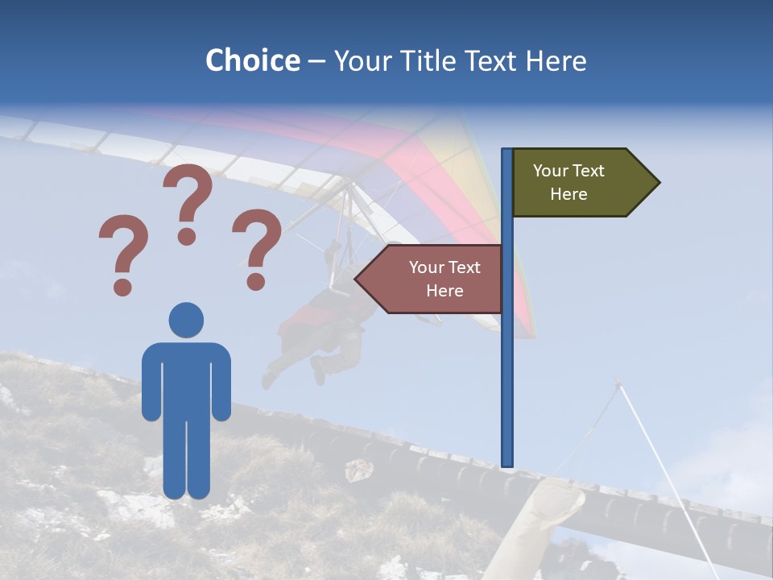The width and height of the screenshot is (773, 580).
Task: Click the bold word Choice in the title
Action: click(252, 60)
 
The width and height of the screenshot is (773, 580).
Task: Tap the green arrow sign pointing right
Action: click(580, 183)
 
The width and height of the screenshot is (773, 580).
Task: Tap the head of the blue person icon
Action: click(186, 320)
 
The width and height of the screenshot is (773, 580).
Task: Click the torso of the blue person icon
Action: click(186, 379)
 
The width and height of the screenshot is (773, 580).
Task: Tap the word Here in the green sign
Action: click(568, 194)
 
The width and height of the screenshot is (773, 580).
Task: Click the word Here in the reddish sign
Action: click(444, 291)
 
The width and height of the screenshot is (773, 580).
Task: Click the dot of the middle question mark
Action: click(187, 236)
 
